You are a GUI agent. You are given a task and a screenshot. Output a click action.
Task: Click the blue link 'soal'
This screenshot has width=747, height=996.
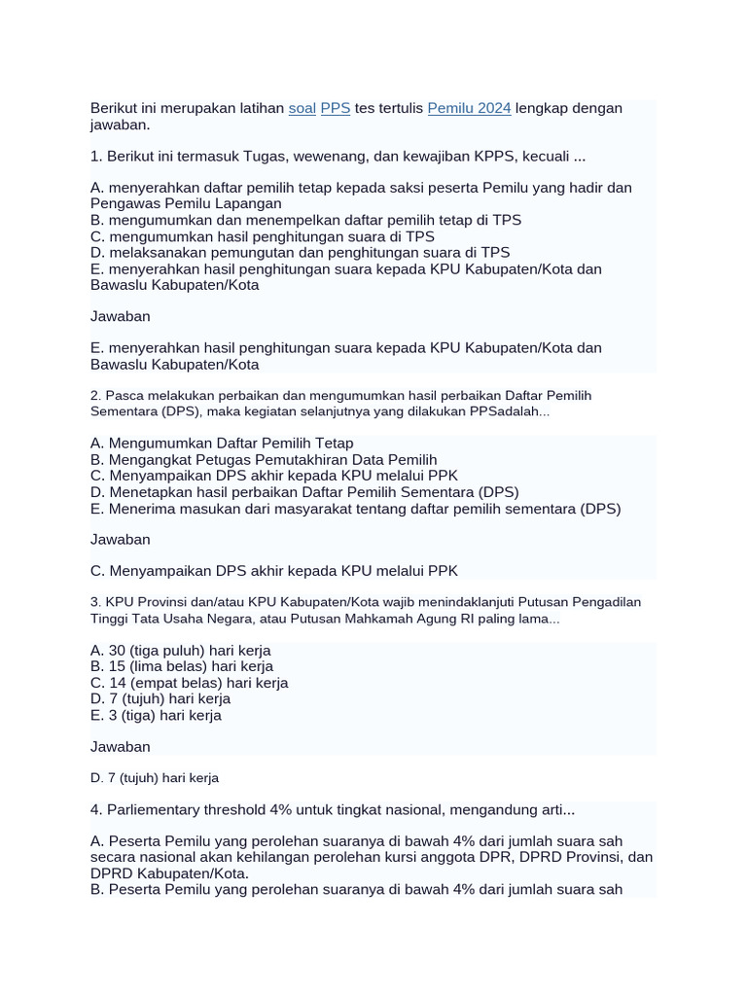click(x=302, y=108)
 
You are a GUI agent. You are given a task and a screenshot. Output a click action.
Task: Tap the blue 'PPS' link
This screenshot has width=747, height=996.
click(x=336, y=108)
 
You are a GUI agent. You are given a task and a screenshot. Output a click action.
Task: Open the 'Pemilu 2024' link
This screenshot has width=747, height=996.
click(x=469, y=108)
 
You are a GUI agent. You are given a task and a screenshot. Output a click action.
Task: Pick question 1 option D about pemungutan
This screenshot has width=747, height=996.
click(x=300, y=253)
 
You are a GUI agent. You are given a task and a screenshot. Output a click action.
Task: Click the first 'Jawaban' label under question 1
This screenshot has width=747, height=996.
click(x=120, y=316)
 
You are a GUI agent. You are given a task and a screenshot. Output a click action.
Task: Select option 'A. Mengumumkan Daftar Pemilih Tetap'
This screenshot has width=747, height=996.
click(x=222, y=444)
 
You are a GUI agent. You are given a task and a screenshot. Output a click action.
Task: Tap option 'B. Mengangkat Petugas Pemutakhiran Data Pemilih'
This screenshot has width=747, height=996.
click(x=264, y=460)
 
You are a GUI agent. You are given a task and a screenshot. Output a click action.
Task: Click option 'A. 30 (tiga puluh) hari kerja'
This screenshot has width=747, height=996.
click(x=181, y=650)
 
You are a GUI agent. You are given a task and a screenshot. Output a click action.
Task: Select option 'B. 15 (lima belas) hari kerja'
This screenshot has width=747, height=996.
click(x=182, y=666)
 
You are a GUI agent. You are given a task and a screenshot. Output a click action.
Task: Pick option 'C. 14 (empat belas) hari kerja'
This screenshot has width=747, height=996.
click(x=189, y=683)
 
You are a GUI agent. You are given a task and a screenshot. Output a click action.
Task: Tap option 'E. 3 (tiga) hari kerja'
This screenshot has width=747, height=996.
click(x=156, y=715)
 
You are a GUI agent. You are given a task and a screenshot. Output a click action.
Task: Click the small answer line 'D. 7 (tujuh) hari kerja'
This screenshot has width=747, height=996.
click(x=155, y=778)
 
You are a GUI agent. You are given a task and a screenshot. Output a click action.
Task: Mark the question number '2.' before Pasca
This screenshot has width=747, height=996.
click(x=95, y=396)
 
